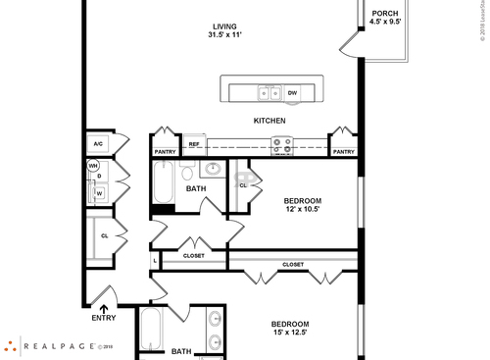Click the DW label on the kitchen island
pos(292,93)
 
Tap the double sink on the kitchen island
pos(269,93)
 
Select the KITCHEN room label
pos(269,121)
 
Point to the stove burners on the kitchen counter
pos(281,146)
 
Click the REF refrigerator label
pos(194,144)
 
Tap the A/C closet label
pos(98,144)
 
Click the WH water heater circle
pos(94,166)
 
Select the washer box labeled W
pos(99,193)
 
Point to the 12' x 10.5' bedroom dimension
pos(303,210)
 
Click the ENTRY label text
pos(103,318)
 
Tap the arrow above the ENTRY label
pos(103,308)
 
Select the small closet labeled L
pos(155,261)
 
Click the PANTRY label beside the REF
pos(166,152)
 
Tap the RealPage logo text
pos(60,345)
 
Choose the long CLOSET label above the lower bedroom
pos(293,265)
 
